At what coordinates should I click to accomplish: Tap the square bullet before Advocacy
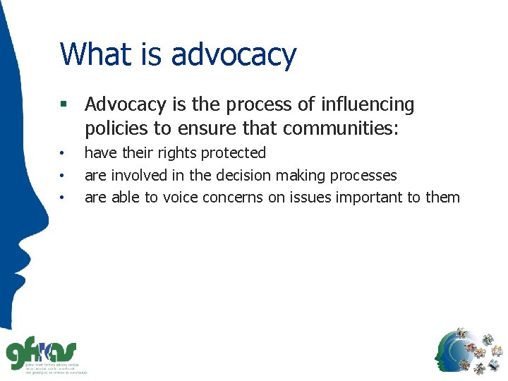coord(64,105)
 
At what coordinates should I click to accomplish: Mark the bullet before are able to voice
coord(63,198)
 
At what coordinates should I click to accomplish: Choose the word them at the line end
coord(442,198)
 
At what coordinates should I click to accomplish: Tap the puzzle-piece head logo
coord(470,351)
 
